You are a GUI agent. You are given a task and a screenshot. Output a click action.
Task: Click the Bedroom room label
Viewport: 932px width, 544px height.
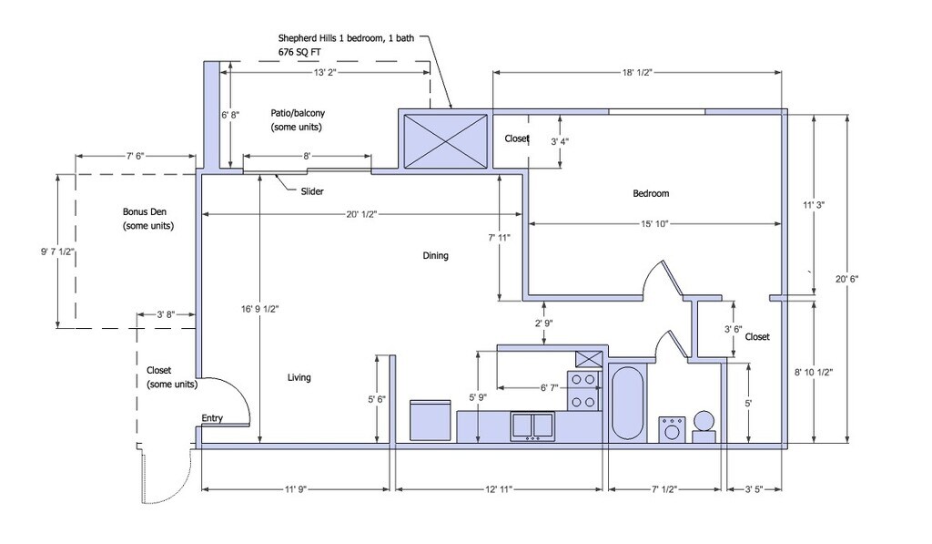(651, 193)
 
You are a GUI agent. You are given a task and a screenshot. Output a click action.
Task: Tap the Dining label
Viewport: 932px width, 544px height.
(435, 256)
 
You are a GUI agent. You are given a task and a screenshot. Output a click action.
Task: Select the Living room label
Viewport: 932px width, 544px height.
(299, 377)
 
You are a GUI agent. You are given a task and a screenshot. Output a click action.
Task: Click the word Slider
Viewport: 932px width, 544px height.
(312, 191)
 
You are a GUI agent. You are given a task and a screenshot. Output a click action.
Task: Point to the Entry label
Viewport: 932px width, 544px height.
(212, 418)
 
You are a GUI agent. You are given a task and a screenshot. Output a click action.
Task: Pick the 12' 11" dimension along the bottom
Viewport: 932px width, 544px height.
(498, 490)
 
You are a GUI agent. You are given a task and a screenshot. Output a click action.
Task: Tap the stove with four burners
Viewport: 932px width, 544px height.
(584, 390)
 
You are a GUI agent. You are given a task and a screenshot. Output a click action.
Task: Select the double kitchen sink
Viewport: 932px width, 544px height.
(532, 426)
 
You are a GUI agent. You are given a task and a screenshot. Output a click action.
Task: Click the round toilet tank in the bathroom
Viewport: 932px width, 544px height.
(704, 421)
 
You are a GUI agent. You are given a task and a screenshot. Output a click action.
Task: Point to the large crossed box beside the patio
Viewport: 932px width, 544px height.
(445, 140)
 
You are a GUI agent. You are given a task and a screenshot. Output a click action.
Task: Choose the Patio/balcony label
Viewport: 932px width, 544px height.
(296, 119)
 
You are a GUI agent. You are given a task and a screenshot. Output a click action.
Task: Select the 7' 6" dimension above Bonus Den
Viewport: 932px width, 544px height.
(136, 156)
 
